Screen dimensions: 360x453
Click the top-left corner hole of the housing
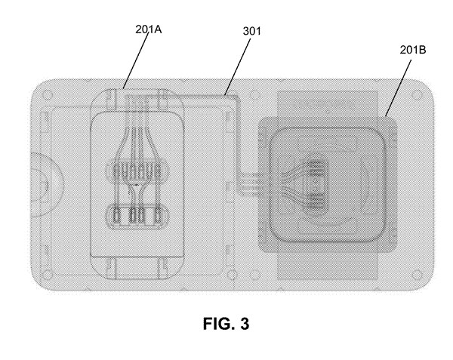(x=47, y=96)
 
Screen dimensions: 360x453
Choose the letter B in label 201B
(x=424, y=51)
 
